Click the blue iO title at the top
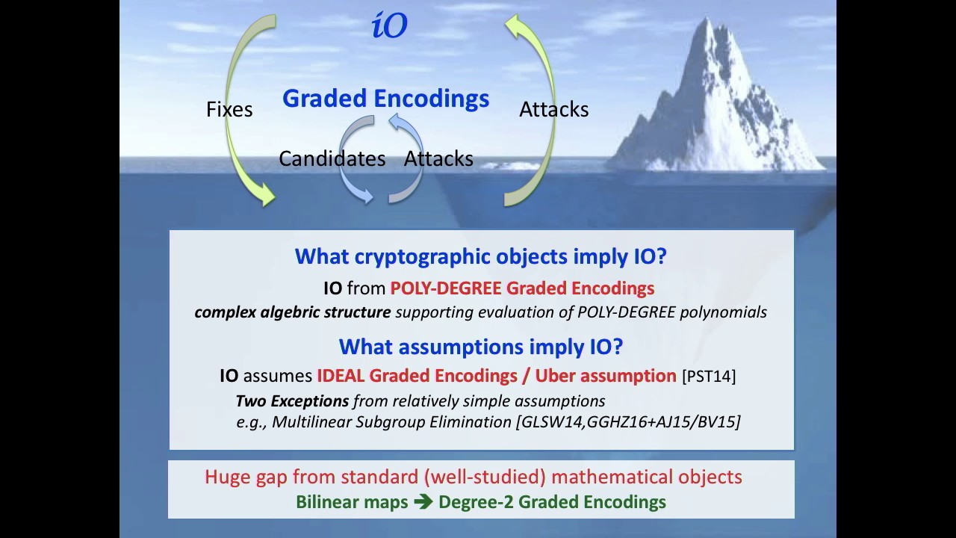pos(389,26)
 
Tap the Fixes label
pos(229,109)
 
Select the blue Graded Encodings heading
pos(385,99)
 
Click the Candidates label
pos(332,158)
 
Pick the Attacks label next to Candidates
pos(438,158)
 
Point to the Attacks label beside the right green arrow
pos(553,109)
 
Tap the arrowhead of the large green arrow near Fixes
pos(265,197)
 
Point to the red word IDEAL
pos(341,375)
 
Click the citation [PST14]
pos(709,376)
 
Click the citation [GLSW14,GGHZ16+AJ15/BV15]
pos(627,422)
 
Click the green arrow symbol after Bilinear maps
pos(423,502)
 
